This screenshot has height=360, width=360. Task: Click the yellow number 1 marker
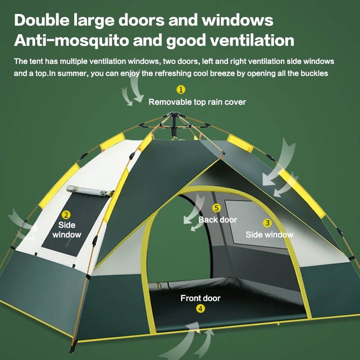tap(180, 90)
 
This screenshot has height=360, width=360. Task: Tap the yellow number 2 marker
tap(66, 215)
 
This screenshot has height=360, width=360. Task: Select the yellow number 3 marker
tap(267, 223)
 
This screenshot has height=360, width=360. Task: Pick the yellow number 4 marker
tap(200, 308)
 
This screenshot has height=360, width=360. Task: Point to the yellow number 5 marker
tap(216, 208)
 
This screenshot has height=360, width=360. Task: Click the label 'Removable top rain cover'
tap(197, 102)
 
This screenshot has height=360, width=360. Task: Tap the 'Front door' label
tap(200, 298)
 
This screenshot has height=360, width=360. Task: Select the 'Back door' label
tap(217, 220)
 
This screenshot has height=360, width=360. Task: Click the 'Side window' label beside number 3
tap(269, 234)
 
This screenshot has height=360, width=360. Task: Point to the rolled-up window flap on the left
tap(88, 191)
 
